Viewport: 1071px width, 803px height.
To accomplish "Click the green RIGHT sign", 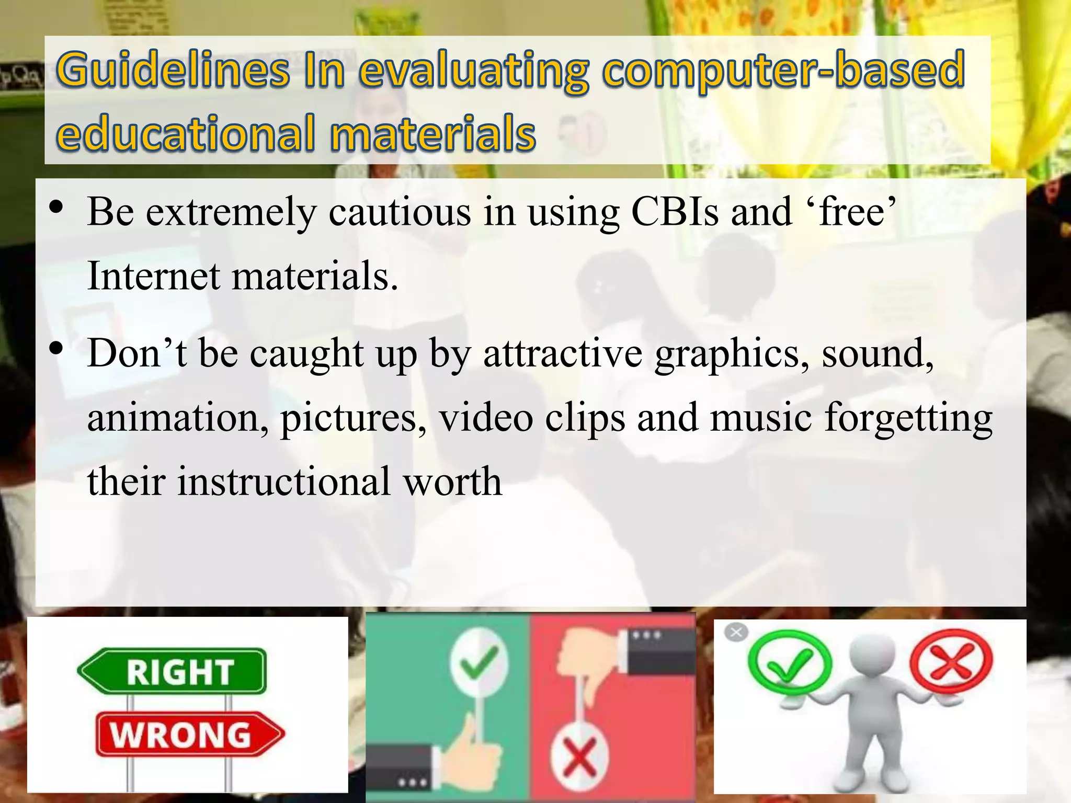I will [x=173, y=671].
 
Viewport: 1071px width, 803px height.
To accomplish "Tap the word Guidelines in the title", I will [x=173, y=71].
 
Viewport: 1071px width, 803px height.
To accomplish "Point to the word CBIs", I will [x=675, y=212].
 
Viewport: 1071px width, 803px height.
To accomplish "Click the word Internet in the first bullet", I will [x=154, y=276].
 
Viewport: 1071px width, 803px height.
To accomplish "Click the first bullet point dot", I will [x=56, y=207].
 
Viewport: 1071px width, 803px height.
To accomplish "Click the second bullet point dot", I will [x=56, y=349].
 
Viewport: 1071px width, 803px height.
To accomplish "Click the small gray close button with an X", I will [x=736, y=633].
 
